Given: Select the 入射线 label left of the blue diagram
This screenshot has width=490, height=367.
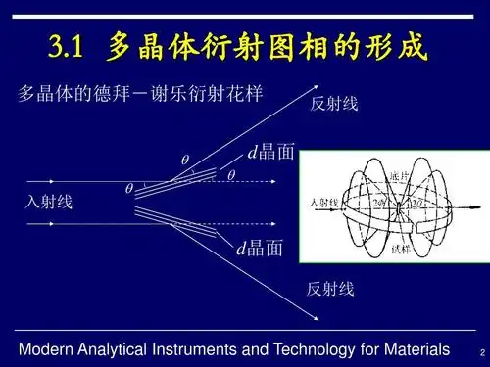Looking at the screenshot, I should tap(49, 202).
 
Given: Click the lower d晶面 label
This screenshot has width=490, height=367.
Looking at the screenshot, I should tap(261, 249).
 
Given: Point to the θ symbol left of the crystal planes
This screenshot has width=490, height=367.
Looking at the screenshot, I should tap(128, 188).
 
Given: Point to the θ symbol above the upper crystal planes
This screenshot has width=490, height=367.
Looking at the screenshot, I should tap(184, 159).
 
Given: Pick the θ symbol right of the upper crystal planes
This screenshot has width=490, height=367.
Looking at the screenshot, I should tap(231, 175).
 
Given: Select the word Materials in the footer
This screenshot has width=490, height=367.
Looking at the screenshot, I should tap(416, 349).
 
